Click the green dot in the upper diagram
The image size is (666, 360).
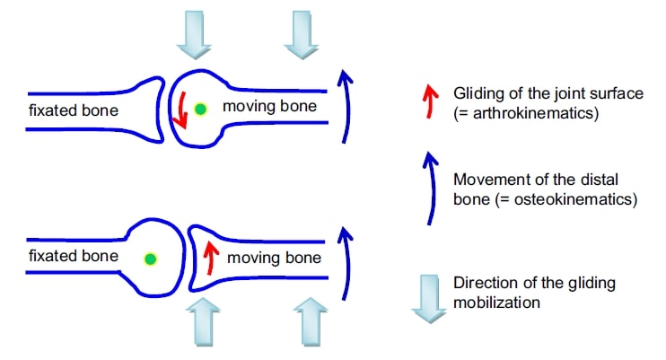202,109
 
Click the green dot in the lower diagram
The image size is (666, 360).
151,259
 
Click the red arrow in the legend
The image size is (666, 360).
430,100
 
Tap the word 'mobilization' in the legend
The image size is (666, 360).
497,303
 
